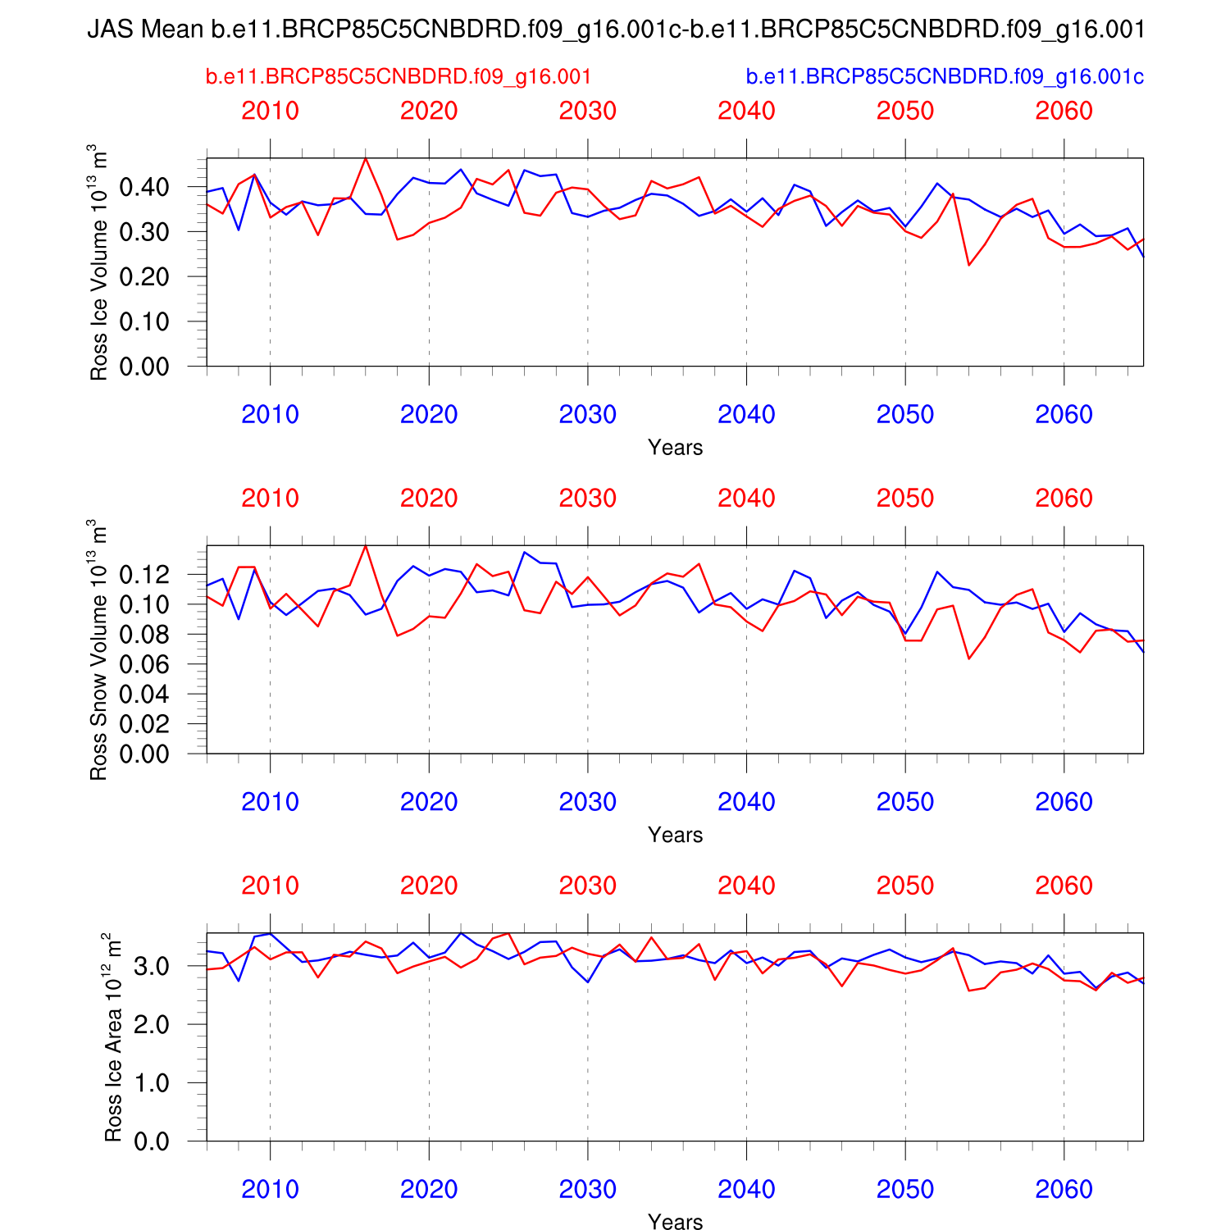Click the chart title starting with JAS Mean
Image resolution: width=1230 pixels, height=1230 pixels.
click(x=615, y=30)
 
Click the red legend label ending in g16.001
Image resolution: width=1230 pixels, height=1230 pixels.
click(x=399, y=77)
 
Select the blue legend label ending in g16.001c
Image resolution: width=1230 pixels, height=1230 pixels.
click(x=945, y=77)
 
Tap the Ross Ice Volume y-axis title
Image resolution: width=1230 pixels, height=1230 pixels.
click(x=98, y=262)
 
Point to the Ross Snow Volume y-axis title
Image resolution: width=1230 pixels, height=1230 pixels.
click(x=98, y=649)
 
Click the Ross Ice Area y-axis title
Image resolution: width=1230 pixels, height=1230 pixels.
click(x=113, y=1037)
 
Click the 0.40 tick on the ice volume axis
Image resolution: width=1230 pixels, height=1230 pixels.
click(x=144, y=187)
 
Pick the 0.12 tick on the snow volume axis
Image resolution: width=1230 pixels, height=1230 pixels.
click(x=144, y=575)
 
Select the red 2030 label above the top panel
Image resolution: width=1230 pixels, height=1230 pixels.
click(x=587, y=111)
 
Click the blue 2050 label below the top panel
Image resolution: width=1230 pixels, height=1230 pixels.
click(x=905, y=415)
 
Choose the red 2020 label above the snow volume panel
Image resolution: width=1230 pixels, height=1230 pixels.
click(x=429, y=499)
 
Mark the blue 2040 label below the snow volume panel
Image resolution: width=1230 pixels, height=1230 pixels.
click(x=746, y=802)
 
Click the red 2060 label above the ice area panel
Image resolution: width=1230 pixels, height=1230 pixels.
click(x=1064, y=886)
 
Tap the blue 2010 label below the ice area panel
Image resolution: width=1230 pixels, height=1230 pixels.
click(x=270, y=1189)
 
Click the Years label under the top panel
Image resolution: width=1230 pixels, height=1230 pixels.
click(x=675, y=448)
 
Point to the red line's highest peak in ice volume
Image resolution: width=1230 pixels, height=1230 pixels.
click(x=366, y=158)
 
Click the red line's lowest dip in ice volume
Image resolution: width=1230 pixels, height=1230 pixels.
click(x=968, y=265)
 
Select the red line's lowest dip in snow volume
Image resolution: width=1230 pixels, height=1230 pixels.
click(x=968, y=658)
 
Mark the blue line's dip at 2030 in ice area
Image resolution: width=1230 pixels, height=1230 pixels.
click(x=587, y=982)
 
